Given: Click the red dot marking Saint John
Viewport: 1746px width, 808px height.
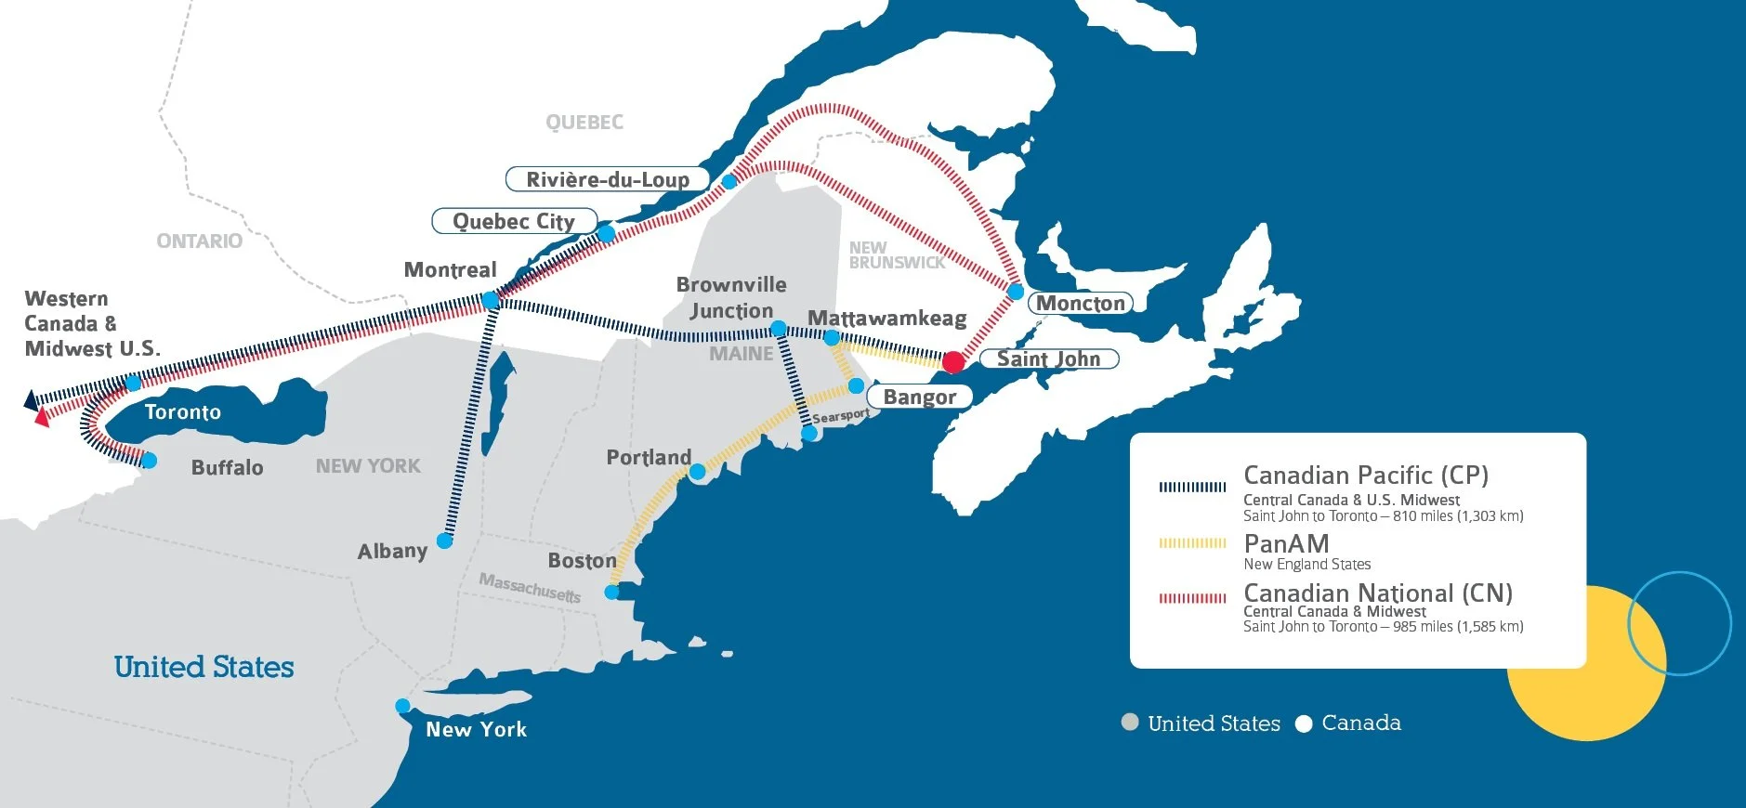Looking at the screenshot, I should coord(953,361).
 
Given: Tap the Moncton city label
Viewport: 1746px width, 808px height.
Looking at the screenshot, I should coord(1080,303).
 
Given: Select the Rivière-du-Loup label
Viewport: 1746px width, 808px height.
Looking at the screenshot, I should coord(608,179).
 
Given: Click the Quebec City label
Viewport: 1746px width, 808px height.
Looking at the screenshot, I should coord(513,221).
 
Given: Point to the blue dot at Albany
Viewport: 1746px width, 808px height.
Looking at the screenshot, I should coord(445,541).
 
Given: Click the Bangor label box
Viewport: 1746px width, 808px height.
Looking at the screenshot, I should coord(919,397).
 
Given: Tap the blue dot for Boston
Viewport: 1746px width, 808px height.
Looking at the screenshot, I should coord(611,592).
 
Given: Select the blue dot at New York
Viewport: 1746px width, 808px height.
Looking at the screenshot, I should coord(402,706).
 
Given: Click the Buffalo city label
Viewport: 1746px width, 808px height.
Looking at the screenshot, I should coord(227,467).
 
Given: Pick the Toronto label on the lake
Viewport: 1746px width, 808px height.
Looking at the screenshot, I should coord(183,411).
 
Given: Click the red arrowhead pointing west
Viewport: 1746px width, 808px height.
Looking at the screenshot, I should coord(41,418).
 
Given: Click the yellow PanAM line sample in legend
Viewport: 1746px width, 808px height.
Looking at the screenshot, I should coord(1192,543).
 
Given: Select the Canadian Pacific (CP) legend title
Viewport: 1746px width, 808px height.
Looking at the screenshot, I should coord(1366,476).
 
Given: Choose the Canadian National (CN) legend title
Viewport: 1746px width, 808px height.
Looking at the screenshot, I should coord(1378,593).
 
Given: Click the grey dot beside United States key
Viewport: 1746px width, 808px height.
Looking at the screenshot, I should coord(1130,723).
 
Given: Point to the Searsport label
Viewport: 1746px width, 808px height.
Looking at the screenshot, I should coord(841,416).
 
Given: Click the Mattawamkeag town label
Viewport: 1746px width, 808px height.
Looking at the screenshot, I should coord(886,319).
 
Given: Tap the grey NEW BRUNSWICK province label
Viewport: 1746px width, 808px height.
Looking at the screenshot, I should coord(896,255).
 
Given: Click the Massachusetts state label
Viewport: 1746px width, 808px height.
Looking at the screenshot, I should coord(530,587).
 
